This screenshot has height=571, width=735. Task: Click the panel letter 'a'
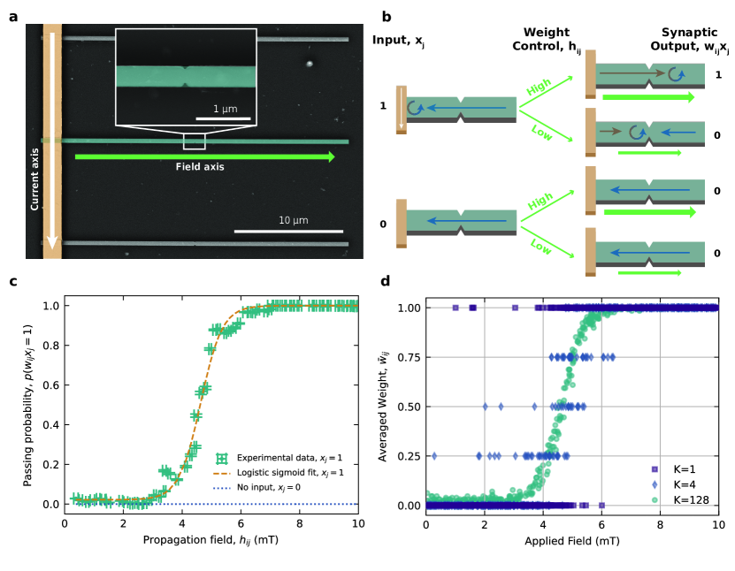[x=13, y=14]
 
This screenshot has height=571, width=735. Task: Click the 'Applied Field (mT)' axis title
[x=570, y=541]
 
